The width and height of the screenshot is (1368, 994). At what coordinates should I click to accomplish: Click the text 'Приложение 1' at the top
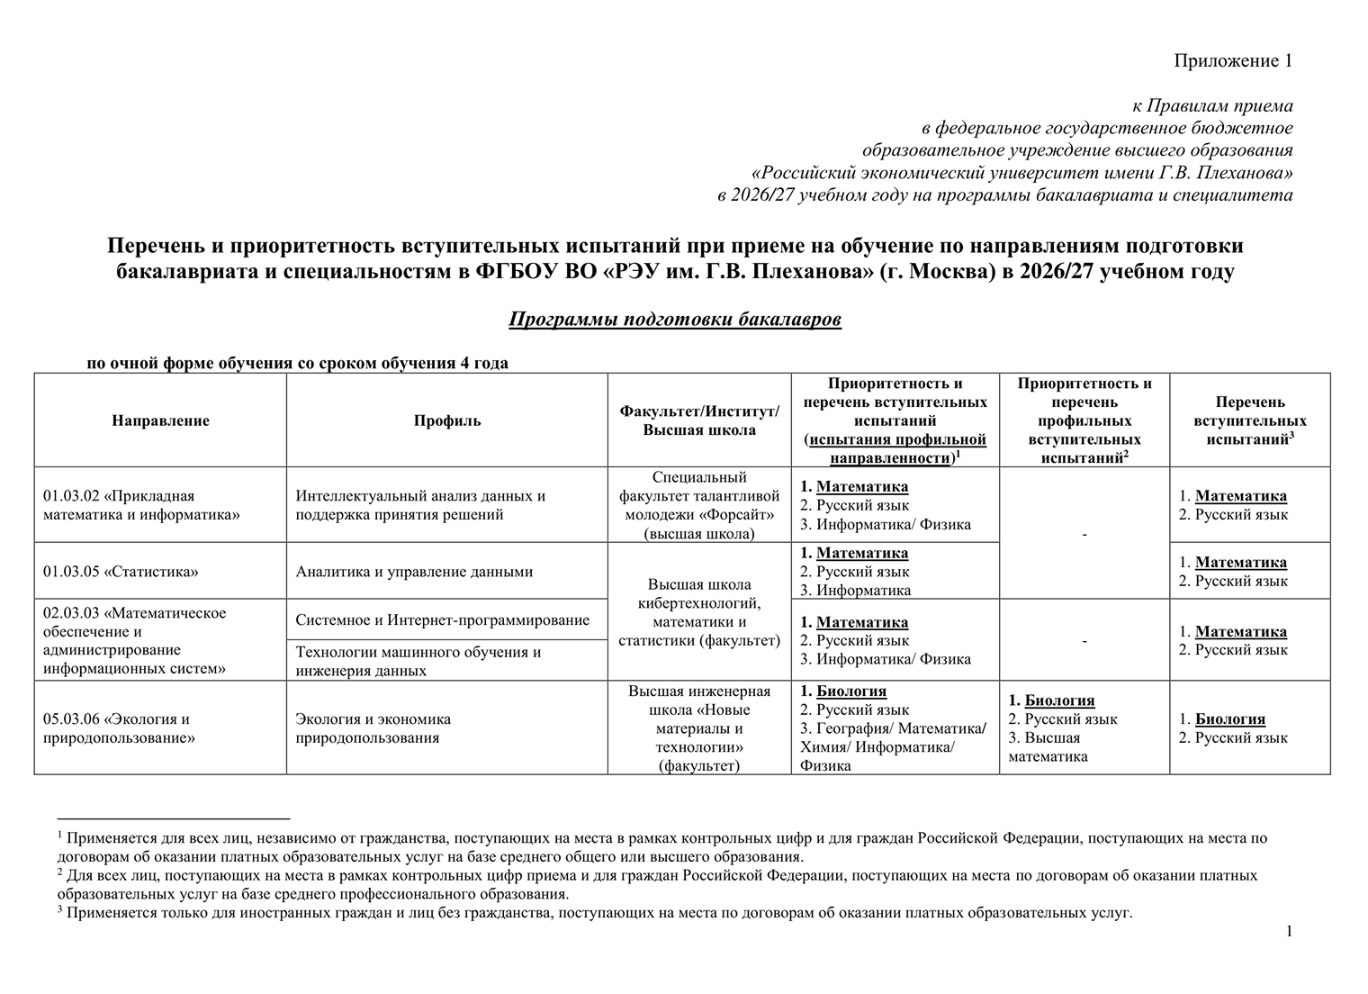[1233, 61]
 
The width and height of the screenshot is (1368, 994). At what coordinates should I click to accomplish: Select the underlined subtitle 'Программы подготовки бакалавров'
[675, 320]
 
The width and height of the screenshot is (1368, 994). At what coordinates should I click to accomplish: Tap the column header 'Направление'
[160, 420]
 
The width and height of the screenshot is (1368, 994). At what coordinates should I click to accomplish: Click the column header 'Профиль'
[447, 420]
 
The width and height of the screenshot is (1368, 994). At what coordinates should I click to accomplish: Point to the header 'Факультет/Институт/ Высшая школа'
[699, 420]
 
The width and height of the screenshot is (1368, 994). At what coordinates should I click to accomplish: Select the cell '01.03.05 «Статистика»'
[121, 572]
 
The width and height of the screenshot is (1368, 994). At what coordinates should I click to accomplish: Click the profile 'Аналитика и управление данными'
[414, 572]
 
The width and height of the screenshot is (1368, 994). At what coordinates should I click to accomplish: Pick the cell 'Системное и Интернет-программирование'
[443, 619]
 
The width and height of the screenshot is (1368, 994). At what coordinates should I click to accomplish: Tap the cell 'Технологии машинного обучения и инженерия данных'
[418, 661]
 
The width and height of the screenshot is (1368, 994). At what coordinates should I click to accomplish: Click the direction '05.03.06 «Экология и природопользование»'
[117, 728]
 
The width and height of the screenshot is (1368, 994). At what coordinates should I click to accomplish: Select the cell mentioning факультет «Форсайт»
[699, 505]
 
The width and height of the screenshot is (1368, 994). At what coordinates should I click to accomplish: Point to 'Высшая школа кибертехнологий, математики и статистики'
[699, 612]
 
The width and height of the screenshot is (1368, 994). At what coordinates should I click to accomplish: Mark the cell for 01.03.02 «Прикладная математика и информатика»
[119, 505]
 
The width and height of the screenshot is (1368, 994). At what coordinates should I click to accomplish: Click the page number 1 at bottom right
[1289, 931]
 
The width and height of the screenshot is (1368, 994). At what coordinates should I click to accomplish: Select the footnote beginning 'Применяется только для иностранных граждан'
[594, 913]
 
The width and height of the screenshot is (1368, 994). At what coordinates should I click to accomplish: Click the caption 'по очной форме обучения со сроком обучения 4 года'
[297, 364]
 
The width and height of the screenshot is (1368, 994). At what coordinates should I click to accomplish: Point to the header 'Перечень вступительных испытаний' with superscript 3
[1250, 420]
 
